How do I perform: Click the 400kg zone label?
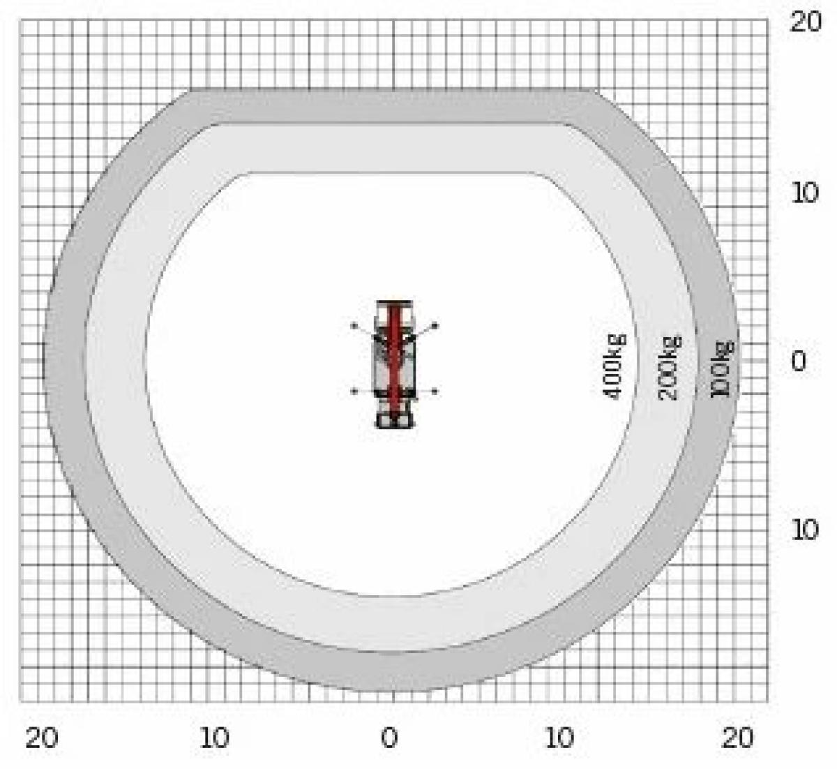pos(614,366)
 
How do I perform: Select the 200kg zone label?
pos(670,368)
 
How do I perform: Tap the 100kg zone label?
pos(723,369)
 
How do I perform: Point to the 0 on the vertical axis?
pos(799,361)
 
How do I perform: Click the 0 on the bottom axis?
pos(389,738)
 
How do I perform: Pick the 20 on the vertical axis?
pos(806,22)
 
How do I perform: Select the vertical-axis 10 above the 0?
pos(804,193)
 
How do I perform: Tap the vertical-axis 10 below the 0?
pos(804,530)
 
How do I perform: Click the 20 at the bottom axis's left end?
pos(42,738)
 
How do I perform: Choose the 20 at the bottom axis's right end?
pos(737,738)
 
